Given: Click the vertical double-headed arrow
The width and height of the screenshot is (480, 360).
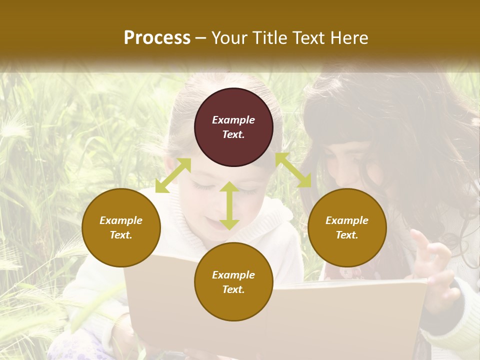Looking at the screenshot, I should (229, 205).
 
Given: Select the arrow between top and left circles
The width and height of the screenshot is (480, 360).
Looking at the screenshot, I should (173, 175).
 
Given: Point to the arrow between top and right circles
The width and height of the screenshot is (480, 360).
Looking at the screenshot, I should (293, 170).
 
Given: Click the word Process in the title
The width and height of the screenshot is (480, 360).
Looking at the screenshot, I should (157, 37).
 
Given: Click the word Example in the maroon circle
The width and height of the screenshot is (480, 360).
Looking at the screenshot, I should (233, 120).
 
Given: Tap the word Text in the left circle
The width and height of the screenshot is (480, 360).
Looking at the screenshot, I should (121, 235).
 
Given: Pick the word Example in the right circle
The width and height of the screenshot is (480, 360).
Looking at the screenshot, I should (347, 220).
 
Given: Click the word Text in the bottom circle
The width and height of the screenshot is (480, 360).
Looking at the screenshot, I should (233, 289).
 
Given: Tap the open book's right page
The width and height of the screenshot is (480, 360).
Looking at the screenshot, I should (350, 315).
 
